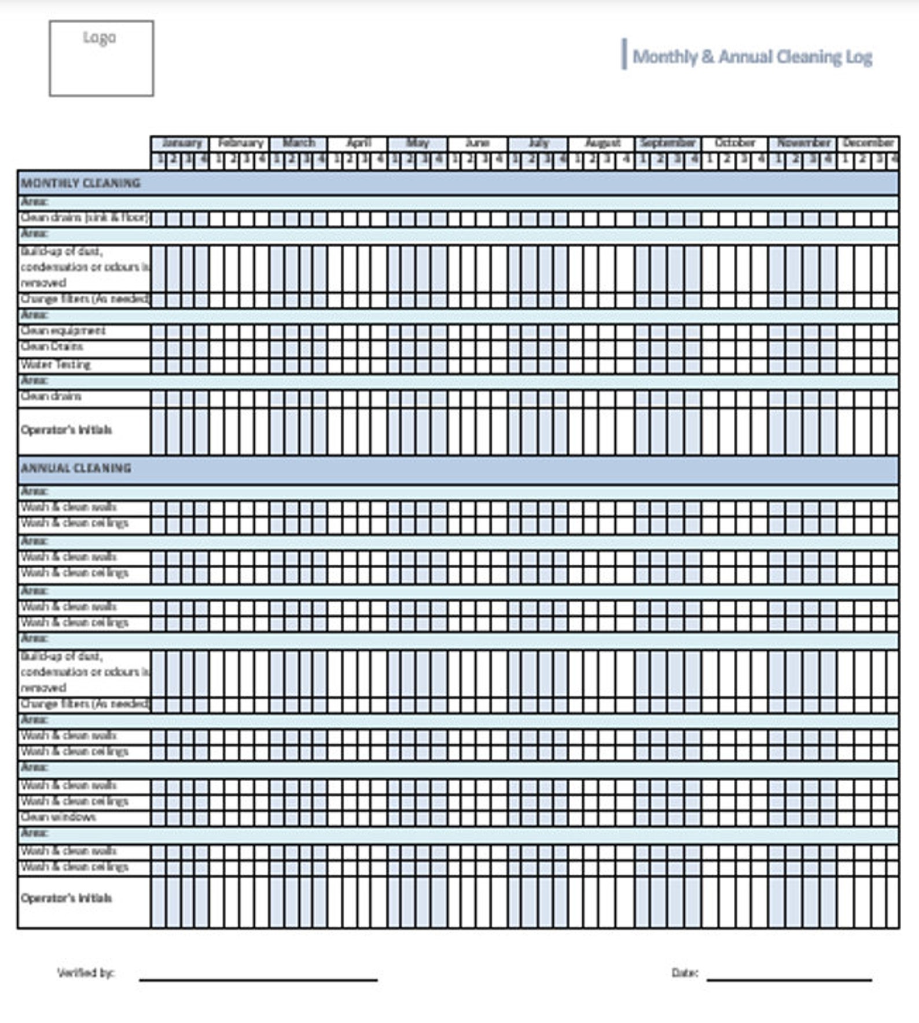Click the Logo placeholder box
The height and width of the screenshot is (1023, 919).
(x=101, y=58)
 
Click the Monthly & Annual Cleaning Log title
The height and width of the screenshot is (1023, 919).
(x=752, y=57)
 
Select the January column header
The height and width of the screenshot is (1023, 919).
(x=181, y=143)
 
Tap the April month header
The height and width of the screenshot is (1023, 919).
(x=358, y=143)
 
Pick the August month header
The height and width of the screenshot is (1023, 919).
(x=602, y=143)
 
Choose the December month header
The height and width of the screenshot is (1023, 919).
(x=868, y=143)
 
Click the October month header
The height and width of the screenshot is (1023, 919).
(x=734, y=143)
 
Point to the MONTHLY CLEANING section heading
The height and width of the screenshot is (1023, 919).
(x=80, y=183)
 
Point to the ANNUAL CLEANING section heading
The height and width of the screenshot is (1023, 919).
(x=76, y=468)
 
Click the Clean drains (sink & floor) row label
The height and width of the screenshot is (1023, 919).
(x=84, y=218)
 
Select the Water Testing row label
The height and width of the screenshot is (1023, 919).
(x=56, y=365)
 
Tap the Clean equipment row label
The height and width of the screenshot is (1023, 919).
(x=63, y=331)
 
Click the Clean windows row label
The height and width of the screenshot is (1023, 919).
(x=58, y=817)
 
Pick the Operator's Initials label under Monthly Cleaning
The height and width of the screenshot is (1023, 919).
(x=66, y=430)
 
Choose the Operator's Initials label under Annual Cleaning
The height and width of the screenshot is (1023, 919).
(x=66, y=898)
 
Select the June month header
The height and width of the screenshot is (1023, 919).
(x=477, y=143)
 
